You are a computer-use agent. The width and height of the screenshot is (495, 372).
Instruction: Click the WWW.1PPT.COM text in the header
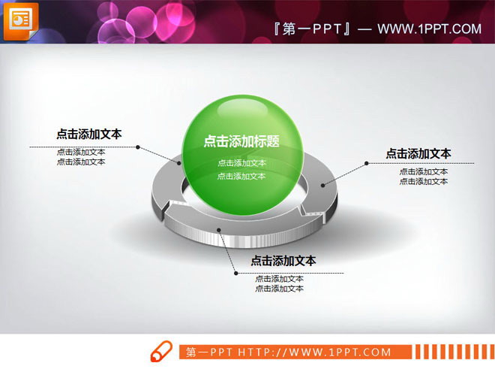click(x=429, y=29)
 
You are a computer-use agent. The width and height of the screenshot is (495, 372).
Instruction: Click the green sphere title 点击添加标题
click(x=241, y=141)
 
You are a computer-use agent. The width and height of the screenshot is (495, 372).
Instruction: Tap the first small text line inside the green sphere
click(x=241, y=163)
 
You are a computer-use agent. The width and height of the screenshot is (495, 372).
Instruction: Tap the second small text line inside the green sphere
click(x=241, y=177)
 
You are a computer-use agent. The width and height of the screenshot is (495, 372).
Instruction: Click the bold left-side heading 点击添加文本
click(x=88, y=135)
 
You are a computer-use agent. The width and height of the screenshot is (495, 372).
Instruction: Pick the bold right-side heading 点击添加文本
click(x=418, y=153)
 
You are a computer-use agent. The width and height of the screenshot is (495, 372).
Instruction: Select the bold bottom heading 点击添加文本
click(x=283, y=261)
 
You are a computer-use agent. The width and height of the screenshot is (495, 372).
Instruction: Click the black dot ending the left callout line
click(x=138, y=147)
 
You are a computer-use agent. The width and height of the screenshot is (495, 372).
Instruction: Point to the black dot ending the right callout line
click(x=366, y=163)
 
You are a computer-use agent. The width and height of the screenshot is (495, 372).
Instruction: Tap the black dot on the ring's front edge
click(x=218, y=230)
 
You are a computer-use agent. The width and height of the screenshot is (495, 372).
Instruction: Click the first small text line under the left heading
click(x=81, y=152)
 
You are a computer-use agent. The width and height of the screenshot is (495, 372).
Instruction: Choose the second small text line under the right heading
click(x=424, y=181)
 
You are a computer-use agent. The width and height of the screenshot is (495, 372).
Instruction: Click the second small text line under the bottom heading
click(x=279, y=289)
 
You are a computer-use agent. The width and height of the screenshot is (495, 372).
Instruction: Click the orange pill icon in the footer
click(x=161, y=352)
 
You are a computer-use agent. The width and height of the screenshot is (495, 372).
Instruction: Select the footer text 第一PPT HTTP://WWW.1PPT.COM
click(x=289, y=352)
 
